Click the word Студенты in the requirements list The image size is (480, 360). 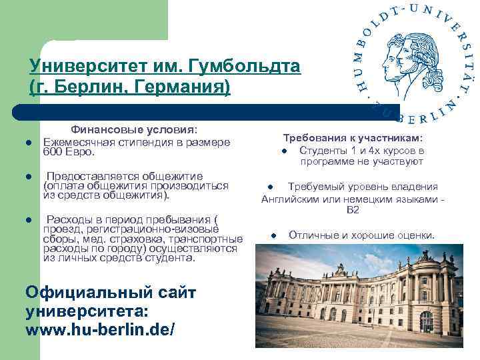[x=323, y=150]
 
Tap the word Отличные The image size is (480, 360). [x=311, y=235]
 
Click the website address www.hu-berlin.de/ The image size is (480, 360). [x=100, y=329]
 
